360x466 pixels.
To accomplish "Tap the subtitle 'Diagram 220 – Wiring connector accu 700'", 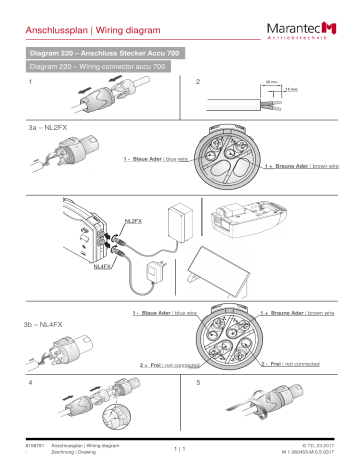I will click(x=96, y=65).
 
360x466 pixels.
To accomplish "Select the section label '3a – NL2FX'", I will click(x=49, y=129).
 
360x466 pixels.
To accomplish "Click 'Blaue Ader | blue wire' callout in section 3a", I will click(x=155, y=159).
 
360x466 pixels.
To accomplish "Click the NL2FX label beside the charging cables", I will click(x=132, y=219).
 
